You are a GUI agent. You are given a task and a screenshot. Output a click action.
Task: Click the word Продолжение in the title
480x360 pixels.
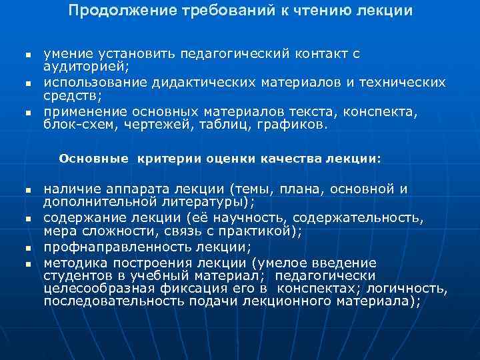(x=122, y=12)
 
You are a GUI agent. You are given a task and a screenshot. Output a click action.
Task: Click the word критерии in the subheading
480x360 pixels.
(x=167, y=159)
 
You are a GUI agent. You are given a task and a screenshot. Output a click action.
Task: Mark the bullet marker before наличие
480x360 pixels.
(x=27, y=191)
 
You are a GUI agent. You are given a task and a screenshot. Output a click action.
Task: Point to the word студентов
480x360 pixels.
(x=77, y=276)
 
